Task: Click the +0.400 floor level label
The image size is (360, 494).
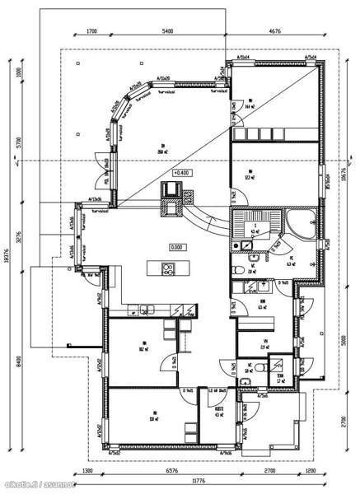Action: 180,173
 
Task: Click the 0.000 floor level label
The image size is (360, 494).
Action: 176,246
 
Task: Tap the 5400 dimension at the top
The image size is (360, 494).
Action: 167,30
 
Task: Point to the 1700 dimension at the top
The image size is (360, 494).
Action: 91,30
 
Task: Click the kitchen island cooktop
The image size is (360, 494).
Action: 167,268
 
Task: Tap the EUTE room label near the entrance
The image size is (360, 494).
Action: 219,414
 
